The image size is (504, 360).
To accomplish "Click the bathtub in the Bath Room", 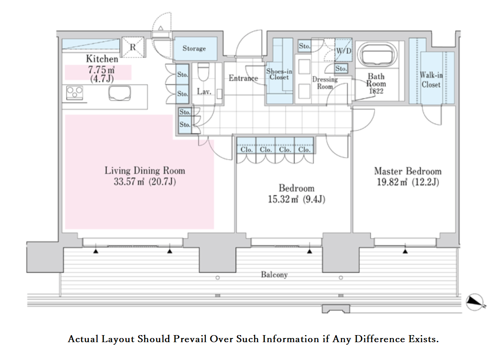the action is tap(377, 54).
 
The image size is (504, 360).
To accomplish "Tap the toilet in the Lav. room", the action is tap(203, 72).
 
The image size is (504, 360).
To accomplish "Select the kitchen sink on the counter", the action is tap(119, 93).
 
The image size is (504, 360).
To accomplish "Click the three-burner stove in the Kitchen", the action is tap(75, 93).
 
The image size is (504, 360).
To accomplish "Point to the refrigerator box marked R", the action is tap(133, 47).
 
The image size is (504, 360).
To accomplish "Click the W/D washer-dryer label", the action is tap(343, 51).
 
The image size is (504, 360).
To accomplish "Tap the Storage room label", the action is tap(194, 49).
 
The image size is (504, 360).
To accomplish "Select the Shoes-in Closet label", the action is tap(279, 74).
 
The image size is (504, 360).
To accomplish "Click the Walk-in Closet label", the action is tap(431, 80).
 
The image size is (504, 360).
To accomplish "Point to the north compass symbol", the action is tap(475, 302).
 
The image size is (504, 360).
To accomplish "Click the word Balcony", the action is tap(274, 275).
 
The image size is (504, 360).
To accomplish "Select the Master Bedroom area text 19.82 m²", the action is tap(392, 182).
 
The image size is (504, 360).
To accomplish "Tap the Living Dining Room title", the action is tap(145, 170).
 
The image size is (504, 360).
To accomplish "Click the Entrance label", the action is tap(243, 78).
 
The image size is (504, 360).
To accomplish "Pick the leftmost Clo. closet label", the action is tap(246, 149).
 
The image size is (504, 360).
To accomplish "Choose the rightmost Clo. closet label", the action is tap(304, 149).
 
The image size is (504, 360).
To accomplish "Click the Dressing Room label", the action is tap(325, 83).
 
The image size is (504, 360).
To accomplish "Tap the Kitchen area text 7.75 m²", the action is tap(101, 70).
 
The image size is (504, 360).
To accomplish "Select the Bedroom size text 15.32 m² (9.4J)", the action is tap(297, 199).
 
